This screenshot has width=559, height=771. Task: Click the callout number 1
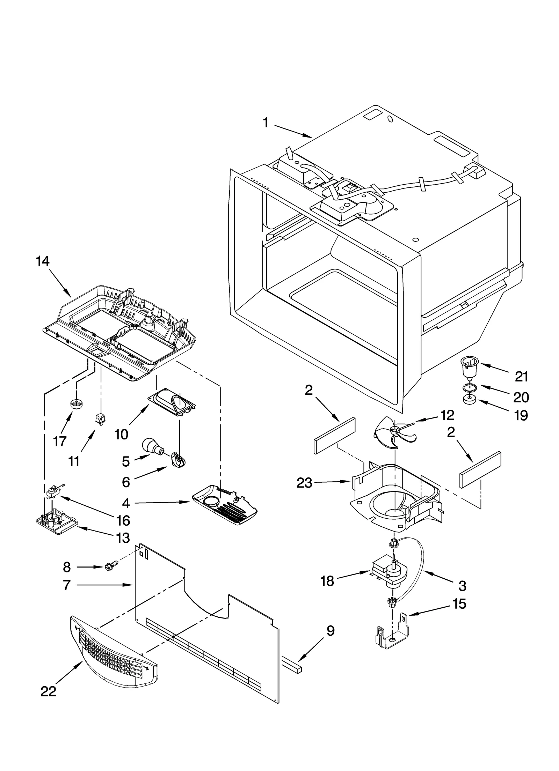266,123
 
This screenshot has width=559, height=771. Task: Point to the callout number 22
49,701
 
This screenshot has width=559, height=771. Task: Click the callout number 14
43,261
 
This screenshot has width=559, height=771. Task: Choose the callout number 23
304,483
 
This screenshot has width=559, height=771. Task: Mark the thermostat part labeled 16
53,492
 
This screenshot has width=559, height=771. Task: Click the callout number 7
67,585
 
